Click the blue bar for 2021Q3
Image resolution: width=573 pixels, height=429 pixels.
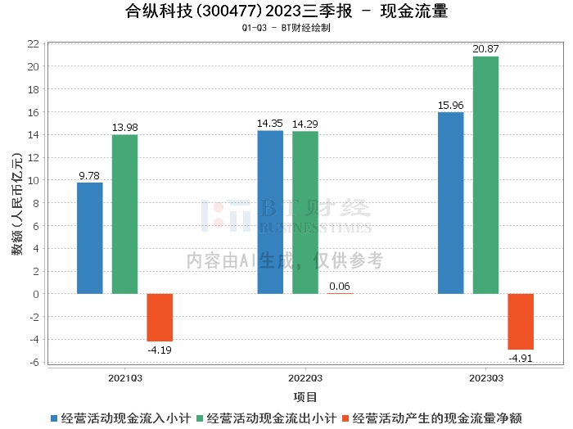[x=90, y=238]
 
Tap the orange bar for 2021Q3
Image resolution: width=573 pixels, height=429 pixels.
[x=160, y=317]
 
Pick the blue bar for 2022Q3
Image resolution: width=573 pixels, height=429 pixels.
[x=270, y=212]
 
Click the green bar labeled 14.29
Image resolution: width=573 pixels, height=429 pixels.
[x=305, y=212]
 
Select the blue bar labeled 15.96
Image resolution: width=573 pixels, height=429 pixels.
[x=451, y=203]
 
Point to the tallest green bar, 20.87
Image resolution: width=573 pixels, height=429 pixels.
[x=485, y=175]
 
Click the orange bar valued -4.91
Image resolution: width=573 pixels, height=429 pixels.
[x=521, y=321]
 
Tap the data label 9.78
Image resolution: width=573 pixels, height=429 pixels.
[x=90, y=175]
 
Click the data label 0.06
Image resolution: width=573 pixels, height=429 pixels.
[x=340, y=286]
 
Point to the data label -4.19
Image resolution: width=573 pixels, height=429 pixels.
[x=160, y=350]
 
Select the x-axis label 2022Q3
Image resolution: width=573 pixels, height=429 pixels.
[x=305, y=378]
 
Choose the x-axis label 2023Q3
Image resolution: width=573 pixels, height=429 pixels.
[x=485, y=378]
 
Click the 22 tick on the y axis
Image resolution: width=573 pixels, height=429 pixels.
[x=34, y=43]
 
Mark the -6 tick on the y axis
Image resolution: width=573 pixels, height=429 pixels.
[x=34, y=363]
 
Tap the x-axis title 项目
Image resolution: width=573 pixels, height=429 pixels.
[x=305, y=397]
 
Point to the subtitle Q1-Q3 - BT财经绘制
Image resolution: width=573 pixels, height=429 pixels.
[x=286, y=28]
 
